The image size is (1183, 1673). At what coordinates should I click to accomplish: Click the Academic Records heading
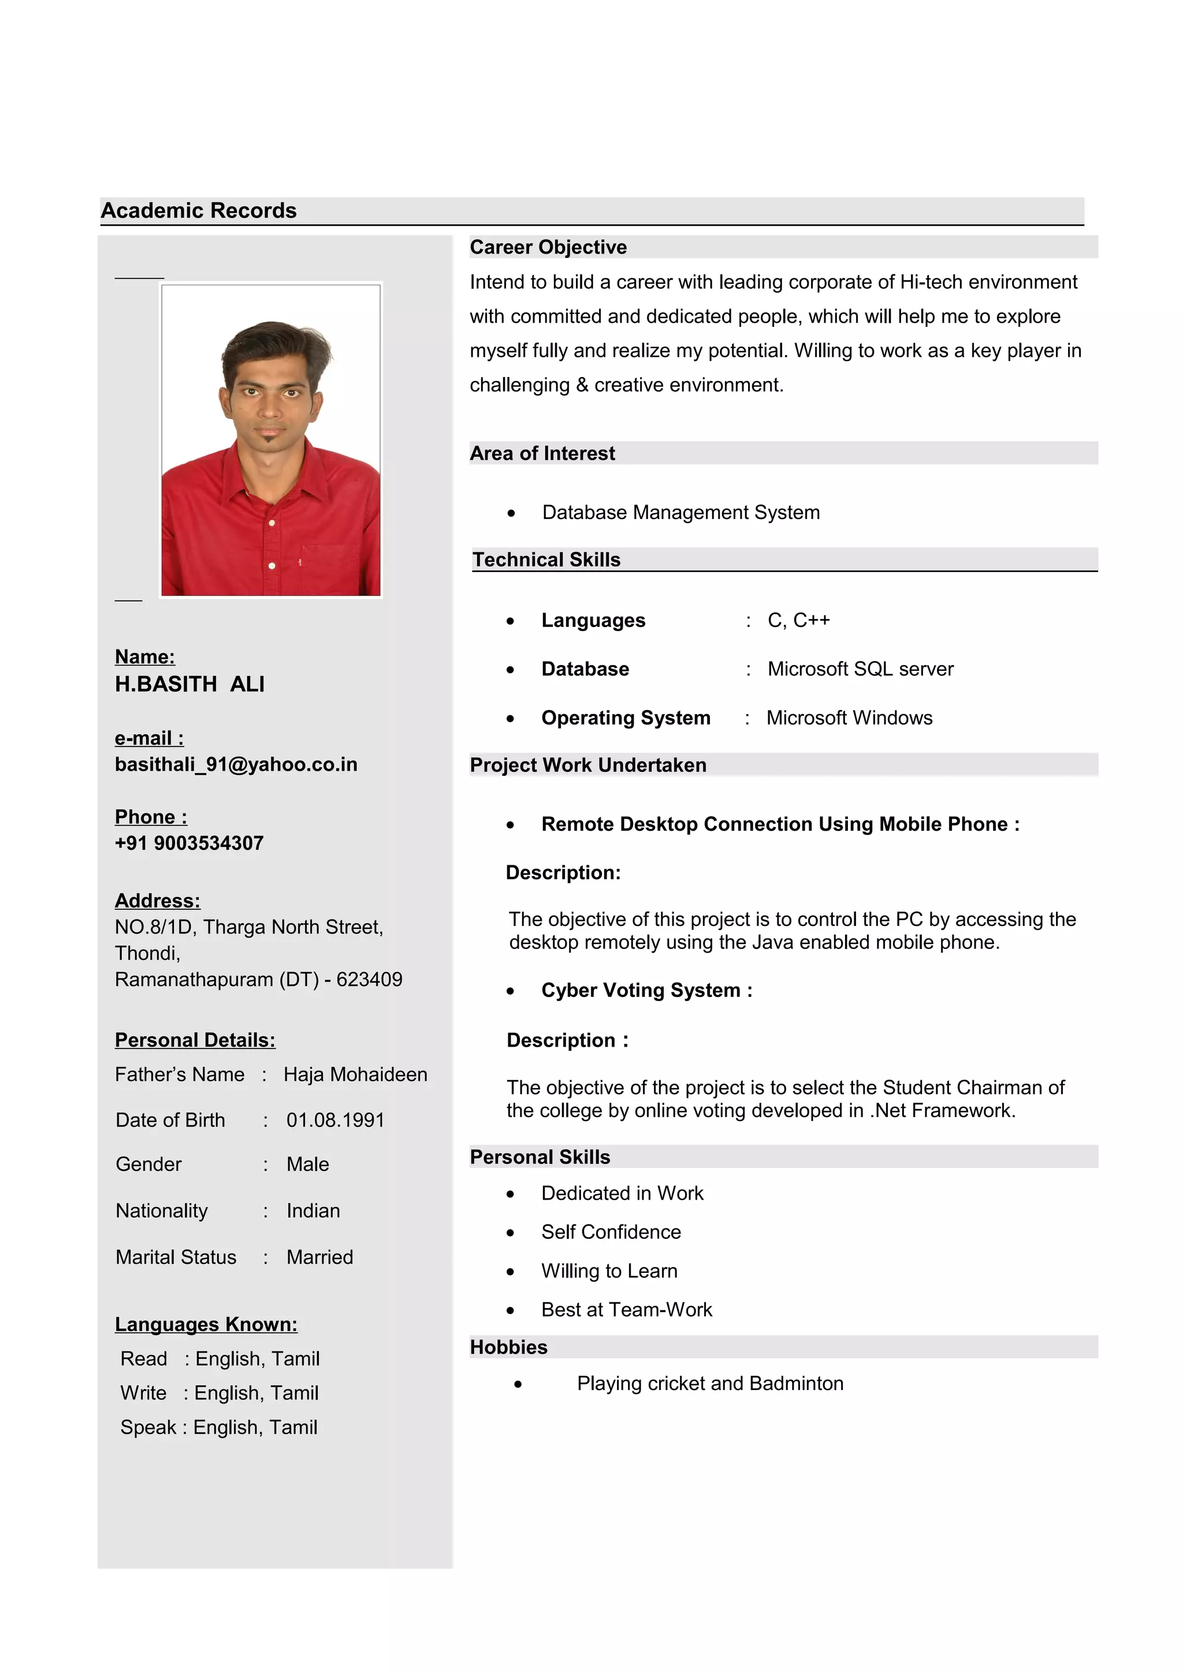[198, 211]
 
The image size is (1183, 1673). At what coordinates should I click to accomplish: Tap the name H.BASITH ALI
[189, 684]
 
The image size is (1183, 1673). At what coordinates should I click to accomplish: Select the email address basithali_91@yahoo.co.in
[236, 764]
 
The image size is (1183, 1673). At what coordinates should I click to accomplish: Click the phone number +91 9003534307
[189, 843]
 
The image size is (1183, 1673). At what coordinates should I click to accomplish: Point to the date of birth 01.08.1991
[335, 1120]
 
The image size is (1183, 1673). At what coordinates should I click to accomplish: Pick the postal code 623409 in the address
[370, 979]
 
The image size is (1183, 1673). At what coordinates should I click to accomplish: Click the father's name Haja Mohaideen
[355, 1075]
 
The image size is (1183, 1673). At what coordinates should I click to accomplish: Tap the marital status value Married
[319, 1257]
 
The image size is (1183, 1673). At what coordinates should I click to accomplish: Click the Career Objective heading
[548, 248]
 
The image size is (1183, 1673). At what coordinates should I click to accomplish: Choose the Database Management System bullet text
[681, 512]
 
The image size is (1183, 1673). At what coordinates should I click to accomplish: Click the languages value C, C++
[799, 620]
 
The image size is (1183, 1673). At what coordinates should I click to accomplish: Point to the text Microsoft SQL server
[860, 669]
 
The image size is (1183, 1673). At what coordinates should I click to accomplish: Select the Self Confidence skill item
[611, 1231]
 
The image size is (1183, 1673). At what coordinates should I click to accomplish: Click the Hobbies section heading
[509, 1347]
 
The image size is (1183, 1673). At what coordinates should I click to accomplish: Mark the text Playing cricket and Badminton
[710, 1383]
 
